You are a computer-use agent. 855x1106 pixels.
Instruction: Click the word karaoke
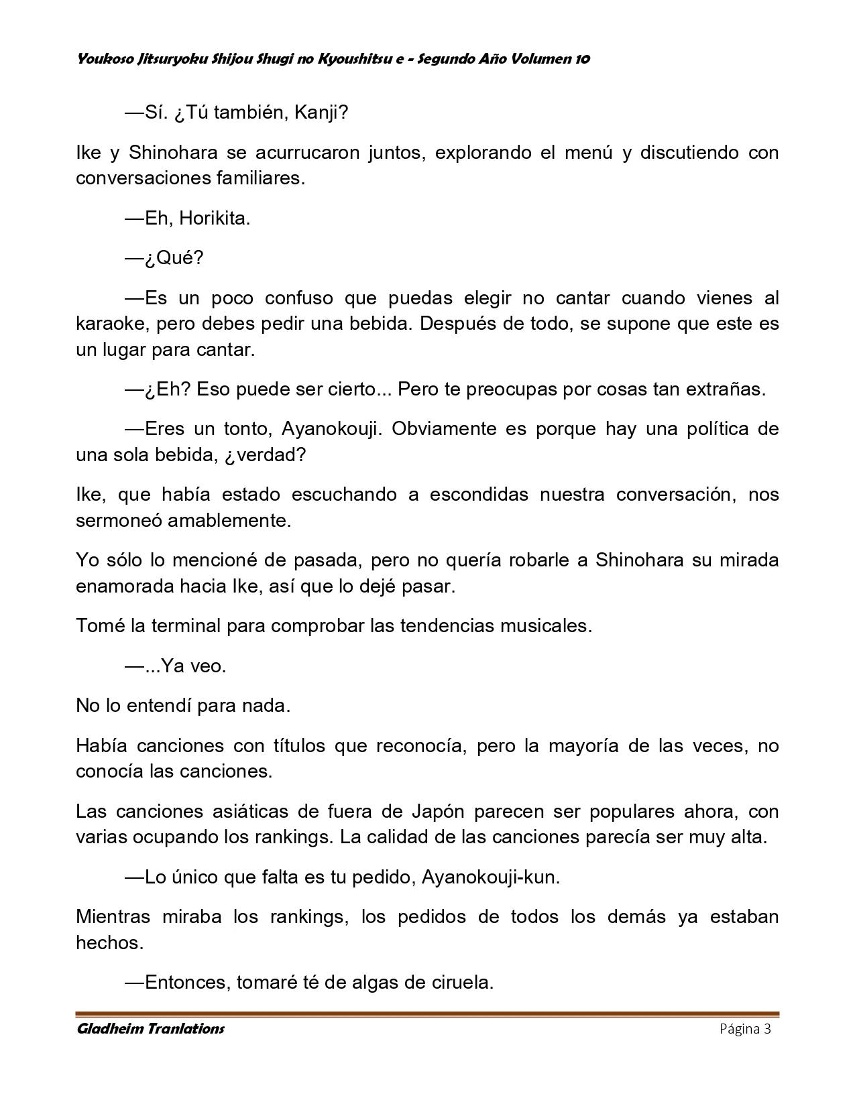pos(111,324)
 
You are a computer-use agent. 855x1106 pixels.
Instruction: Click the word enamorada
pos(125,587)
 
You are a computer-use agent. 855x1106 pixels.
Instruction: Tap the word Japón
pos(435,812)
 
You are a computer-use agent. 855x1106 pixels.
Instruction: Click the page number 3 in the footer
pos(767,1029)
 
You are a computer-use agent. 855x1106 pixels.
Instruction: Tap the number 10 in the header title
pos(582,59)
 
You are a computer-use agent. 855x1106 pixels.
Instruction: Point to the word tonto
pos(246,429)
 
